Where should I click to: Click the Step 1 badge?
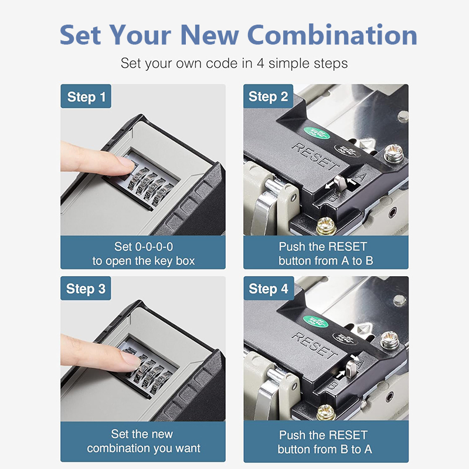point(86,96)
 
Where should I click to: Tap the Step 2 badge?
point(268,96)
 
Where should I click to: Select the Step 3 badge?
point(86,288)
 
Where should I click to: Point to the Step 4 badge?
point(269,288)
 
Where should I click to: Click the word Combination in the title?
point(332,35)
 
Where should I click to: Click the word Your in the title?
point(140,35)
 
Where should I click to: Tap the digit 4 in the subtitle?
point(260,63)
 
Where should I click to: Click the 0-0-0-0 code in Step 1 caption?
point(154,247)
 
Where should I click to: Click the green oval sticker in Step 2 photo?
point(317,133)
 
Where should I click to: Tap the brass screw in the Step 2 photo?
point(327,226)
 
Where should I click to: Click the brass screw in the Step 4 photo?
point(326,413)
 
